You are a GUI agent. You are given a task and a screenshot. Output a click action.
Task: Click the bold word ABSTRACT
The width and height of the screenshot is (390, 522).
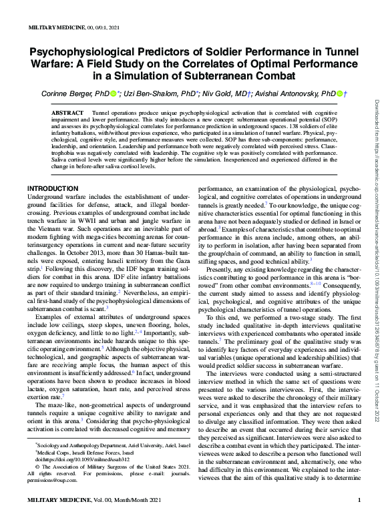(x=67, y=115)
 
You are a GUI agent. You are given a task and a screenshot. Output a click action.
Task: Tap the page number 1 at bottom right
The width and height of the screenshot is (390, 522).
(x=359, y=501)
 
